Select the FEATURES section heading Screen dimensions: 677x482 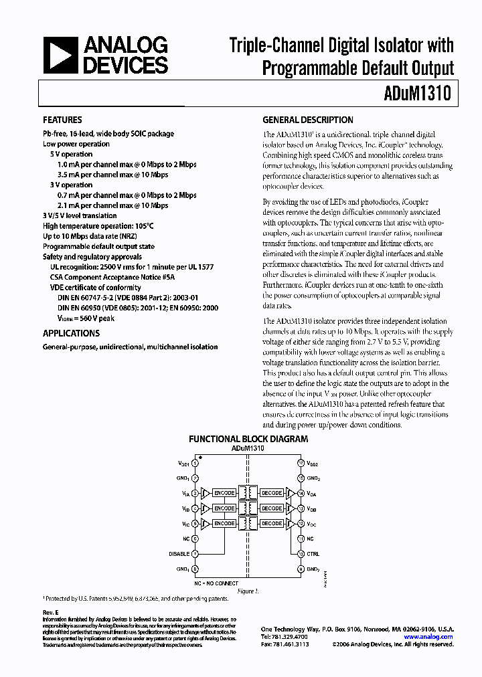pos(62,120)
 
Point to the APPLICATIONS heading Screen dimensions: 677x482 pos(71,333)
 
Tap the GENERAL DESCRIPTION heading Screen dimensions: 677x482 pos(307,120)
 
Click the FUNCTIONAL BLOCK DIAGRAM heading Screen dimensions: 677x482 pos(248,440)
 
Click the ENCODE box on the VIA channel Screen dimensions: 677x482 pos(224,493)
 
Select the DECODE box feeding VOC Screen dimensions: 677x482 pos(271,523)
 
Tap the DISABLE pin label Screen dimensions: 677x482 pos(179,554)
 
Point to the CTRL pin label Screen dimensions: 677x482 pos(313,554)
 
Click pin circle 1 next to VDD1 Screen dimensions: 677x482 pos(195,463)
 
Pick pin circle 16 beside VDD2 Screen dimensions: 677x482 pos(301,463)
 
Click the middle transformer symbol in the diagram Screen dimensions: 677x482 pos(248,508)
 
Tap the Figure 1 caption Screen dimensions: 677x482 pos(248,591)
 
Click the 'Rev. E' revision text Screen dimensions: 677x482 pos(52,612)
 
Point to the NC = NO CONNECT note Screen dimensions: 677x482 pos(216,583)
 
